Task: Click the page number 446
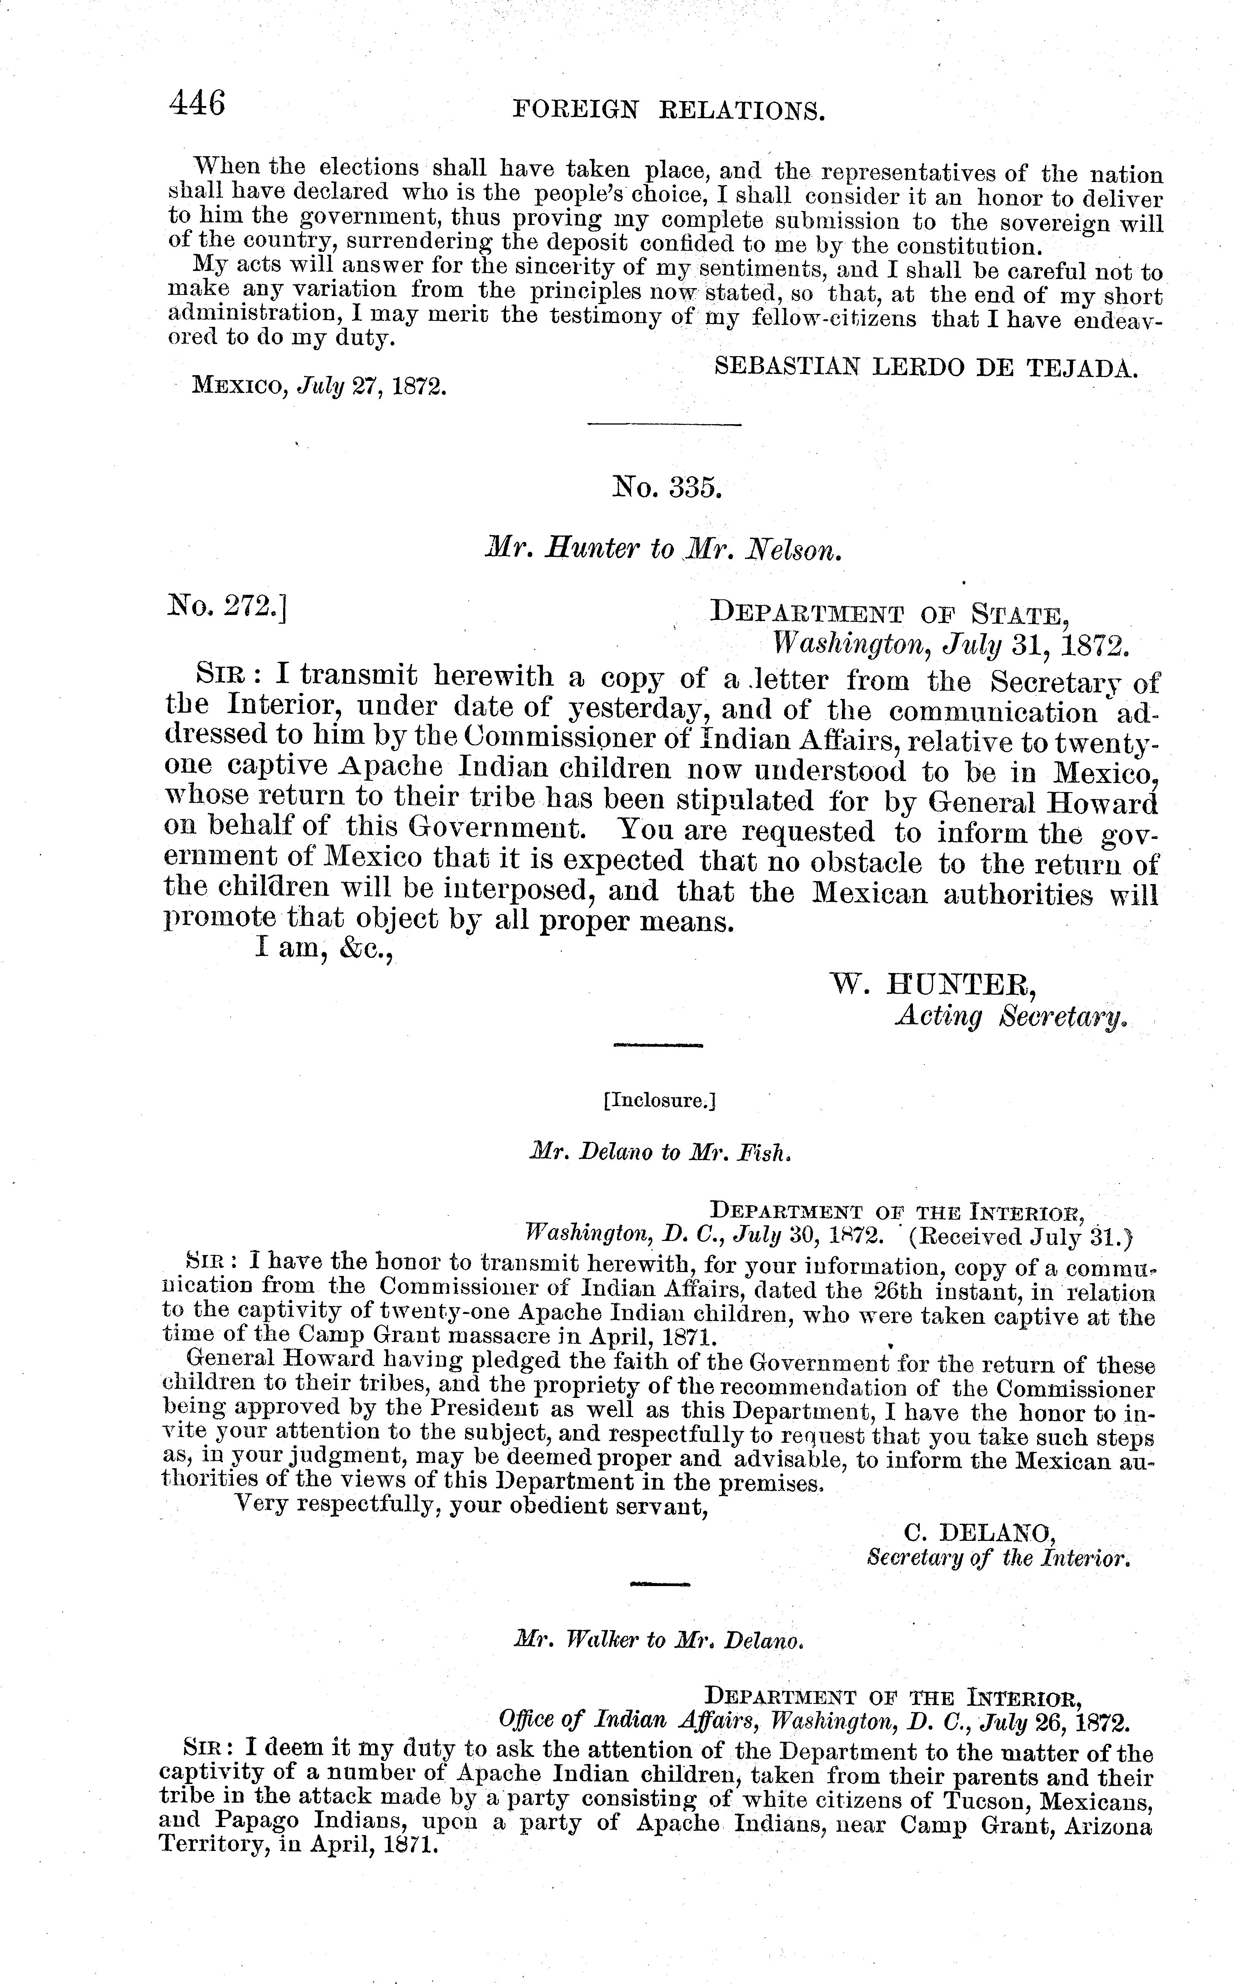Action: tap(197, 105)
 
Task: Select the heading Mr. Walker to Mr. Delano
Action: tap(660, 1639)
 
